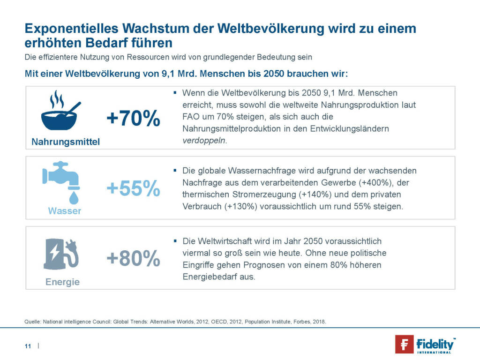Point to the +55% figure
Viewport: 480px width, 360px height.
(x=133, y=188)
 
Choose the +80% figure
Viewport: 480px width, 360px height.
(x=133, y=258)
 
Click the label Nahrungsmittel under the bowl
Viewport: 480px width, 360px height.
(x=66, y=142)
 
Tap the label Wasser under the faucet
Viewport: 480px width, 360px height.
(x=65, y=211)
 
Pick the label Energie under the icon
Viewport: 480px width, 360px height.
(x=62, y=282)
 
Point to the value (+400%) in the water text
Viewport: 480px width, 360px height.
(x=359, y=182)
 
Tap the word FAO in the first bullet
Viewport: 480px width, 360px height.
(x=190, y=116)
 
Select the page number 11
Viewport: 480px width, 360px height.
(x=28, y=346)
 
